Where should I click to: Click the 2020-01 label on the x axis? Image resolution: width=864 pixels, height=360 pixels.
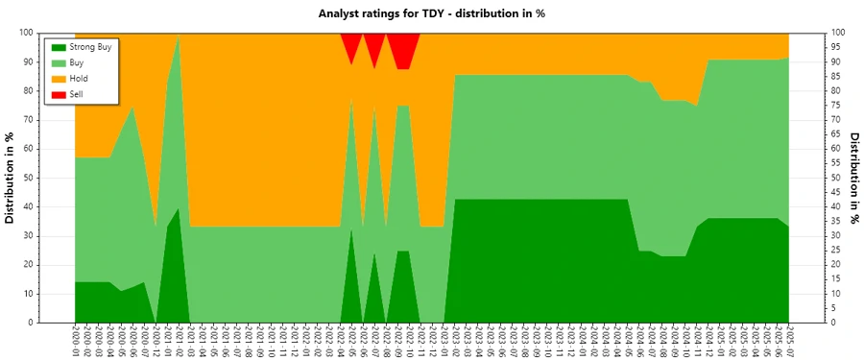pyautogui.click(x=75, y=341)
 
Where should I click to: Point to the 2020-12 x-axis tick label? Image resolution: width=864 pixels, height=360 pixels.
pyautogui.click(x=156, y=341)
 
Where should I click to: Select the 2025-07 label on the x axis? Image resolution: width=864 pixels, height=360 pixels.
pyautogui.click(x=789, y=341)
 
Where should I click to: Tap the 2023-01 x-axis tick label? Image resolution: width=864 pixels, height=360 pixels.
pyautogui.click(x=444, y=341)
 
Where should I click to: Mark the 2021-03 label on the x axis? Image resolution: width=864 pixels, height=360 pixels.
pyautogui.click(x=190, y=341)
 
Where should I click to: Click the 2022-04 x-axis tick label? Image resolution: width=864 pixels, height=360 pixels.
pyautogui.click(x=340, y=341)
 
